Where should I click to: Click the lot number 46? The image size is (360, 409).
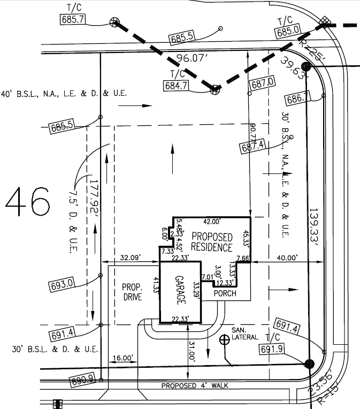(x=28, y=202)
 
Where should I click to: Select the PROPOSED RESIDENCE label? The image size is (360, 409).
(x=212, y=242)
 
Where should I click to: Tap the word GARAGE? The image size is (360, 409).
(x=180, y=291)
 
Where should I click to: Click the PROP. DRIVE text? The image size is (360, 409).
(x=132, y=291)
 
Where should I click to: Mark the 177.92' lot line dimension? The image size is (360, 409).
(x=95, y=197)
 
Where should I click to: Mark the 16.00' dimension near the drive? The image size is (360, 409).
(x=122, y=358)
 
